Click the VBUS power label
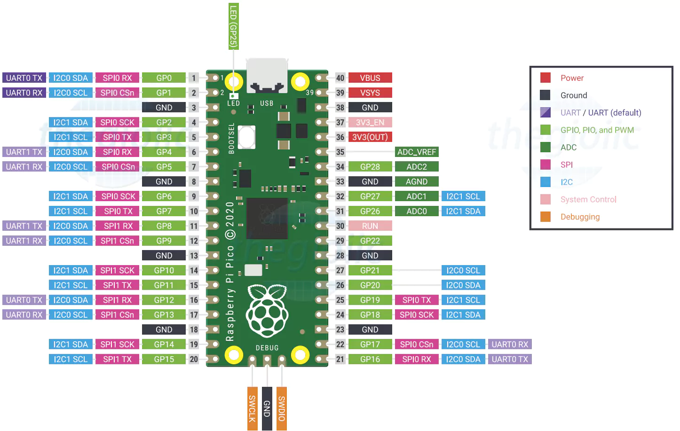[x=370, y=78]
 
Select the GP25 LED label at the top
[x=233, y=26]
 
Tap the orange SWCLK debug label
[x=252, y=408]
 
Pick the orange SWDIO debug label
[x=282, y=408]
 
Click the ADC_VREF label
[x=417, y=152]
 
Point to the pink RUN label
[x=370, y=226]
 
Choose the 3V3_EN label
[x=370, y=122]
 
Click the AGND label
[x=417, y=181]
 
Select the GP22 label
[x=370, y=241]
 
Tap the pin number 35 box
[x=340, y=152]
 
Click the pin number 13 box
[x=194, y=255]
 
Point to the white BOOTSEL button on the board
[x=246, y=137]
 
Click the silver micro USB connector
[x=267, y=75]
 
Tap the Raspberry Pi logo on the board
[x=267, y=311]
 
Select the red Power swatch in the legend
[x=545, y=78]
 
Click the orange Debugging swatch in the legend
[x=545, y=217]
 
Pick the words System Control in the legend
[x=588, y=199]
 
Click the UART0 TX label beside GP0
[x=24, y=78]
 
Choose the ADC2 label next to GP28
[x=417, y=166]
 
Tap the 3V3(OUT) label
[x=370, y=137]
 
